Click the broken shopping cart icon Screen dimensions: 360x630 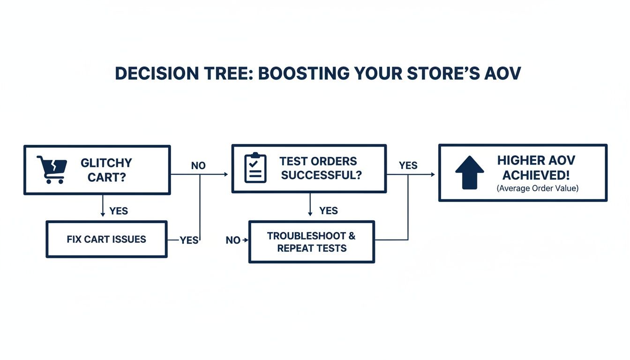52,169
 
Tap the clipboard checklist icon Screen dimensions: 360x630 255,168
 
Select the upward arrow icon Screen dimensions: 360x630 469,172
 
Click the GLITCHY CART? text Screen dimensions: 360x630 106,170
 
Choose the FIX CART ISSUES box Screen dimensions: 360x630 106,240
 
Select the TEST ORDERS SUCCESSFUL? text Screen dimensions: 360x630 318,168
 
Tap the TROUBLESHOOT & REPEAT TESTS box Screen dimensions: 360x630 311,242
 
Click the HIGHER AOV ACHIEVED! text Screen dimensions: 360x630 536,167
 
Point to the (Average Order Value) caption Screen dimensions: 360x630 537,188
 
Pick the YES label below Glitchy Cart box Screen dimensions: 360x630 119,211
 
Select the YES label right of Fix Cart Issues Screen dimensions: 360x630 189,240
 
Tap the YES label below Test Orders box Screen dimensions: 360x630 328,211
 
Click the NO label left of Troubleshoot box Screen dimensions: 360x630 232,240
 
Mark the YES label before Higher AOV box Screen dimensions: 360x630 408,165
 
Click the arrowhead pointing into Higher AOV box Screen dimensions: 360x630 432,174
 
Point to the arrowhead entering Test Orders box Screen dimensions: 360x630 225,174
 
